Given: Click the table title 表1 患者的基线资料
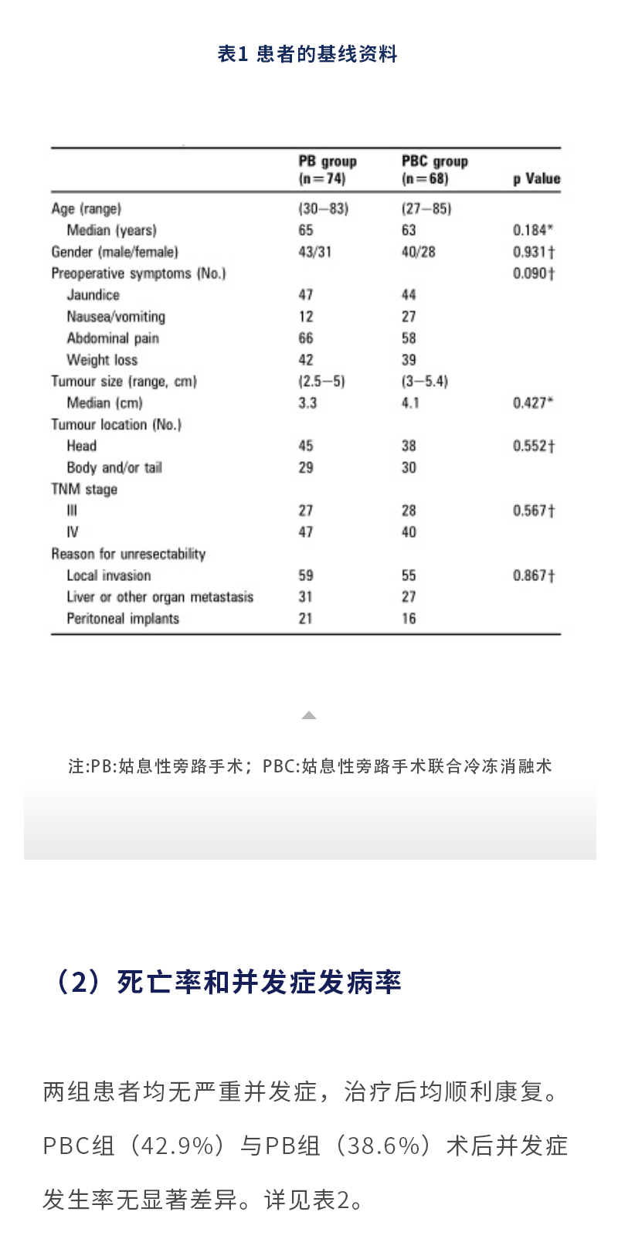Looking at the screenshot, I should click(307, 54).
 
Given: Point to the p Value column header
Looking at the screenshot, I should click(536, 178).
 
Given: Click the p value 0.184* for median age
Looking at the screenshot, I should click(533, 230).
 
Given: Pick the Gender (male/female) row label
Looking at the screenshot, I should click(114, 252).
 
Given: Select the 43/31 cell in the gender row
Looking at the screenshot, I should click(314, 252).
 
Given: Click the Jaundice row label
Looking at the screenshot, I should click(93, 295).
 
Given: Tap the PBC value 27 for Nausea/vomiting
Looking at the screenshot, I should click(409, 317).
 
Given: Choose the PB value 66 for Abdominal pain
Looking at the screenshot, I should click(306, 338).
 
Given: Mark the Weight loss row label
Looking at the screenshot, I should click(102, 360).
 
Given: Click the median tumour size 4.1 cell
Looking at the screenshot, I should click(410, 403).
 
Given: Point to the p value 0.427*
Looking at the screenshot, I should click(533, 403).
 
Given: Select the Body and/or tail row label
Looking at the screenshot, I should click(114, 468).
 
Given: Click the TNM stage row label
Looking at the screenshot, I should click(84, 490).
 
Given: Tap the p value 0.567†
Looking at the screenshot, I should click(534, 511).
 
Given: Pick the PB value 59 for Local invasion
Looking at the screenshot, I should click(306, 575).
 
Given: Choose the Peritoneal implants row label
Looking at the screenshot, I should click(123, 619).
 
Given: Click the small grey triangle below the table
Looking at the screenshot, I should click(309, 715).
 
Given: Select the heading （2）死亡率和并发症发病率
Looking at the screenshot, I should click(226, 983).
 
